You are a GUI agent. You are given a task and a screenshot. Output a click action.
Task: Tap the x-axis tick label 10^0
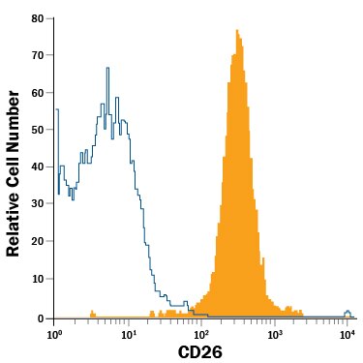[x=55, y=334]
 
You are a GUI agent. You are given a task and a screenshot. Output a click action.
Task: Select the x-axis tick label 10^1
[x=128, y=334]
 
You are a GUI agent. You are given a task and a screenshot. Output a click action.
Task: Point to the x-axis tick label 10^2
[x=201, y=334]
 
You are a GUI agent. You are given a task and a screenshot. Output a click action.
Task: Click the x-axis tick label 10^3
[x=275, y=334]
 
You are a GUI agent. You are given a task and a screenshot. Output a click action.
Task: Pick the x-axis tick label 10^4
[x=348, y=334]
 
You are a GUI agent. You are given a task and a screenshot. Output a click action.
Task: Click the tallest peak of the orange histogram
[x=236, y=31]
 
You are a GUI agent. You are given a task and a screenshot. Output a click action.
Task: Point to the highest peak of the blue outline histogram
[x=108, y=69]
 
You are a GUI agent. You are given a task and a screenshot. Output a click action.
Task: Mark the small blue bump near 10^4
[x=348, y=313]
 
